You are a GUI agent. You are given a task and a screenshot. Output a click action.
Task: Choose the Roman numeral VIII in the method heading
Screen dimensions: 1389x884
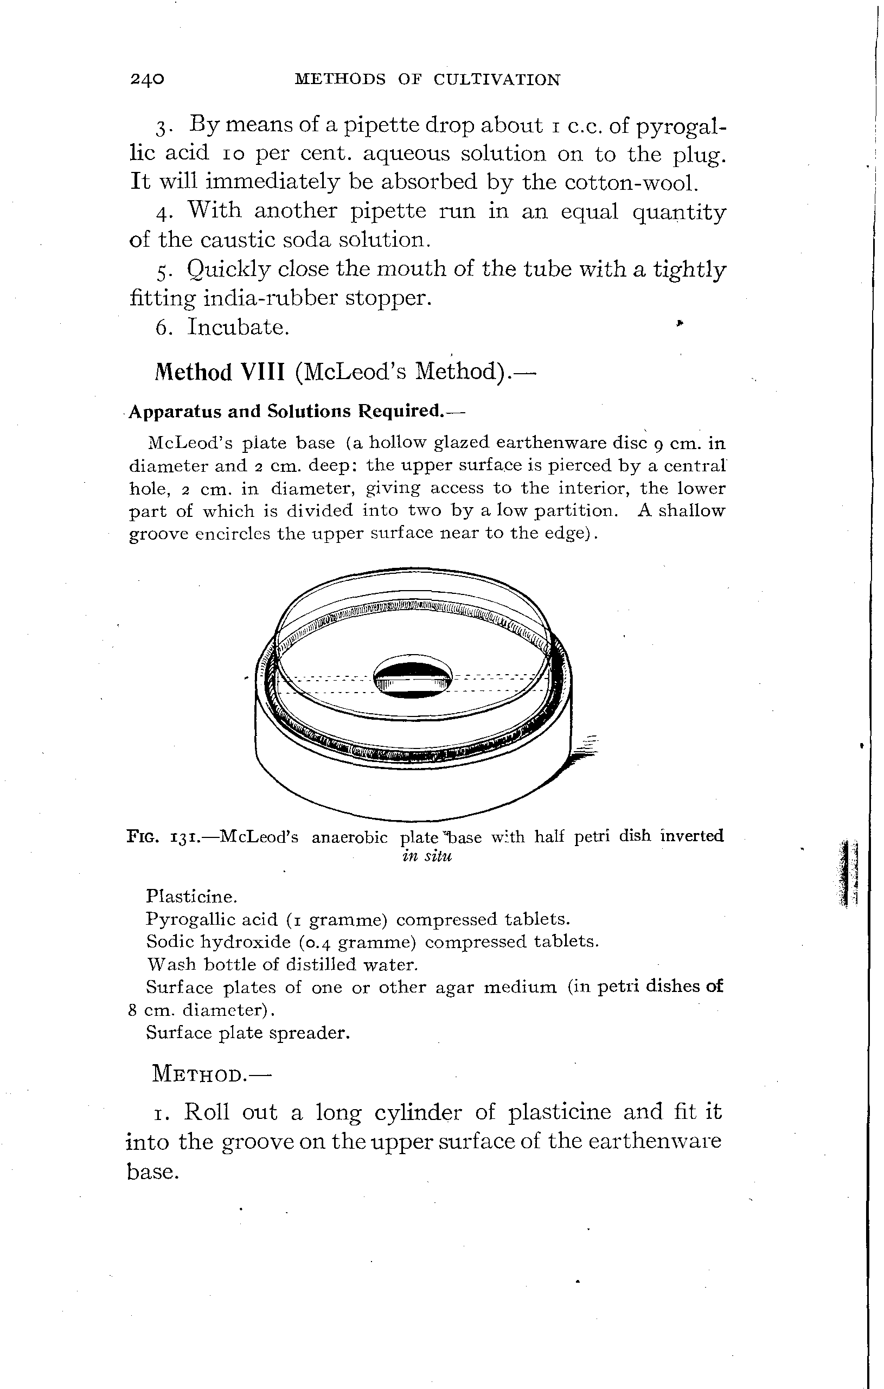(262, 372)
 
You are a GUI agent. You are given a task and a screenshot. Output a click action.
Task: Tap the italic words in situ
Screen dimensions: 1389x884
(427, 855)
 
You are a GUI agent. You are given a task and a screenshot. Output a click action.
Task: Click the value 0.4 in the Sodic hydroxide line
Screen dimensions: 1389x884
(317, 942)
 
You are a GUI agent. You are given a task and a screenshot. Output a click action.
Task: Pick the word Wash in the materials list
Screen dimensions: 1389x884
(164, 964)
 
